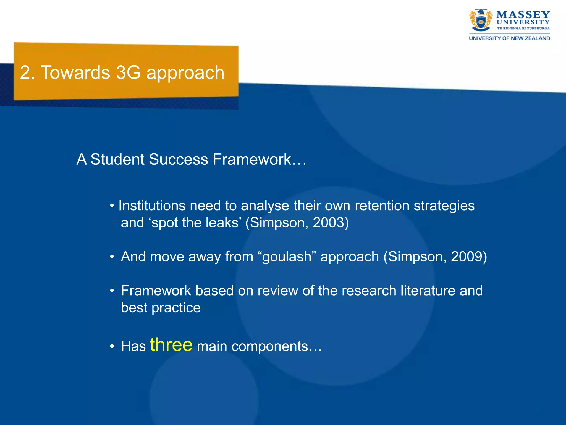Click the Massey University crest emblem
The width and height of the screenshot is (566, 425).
click(x=481, y=20)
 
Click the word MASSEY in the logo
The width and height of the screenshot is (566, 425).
click(x=523, y=14)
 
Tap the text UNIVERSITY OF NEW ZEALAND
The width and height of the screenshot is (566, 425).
click(x=509, y=38)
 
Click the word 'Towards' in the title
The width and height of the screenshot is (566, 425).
click(x=75, y=73)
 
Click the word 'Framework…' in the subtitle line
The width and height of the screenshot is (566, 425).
click(x=260, y=159)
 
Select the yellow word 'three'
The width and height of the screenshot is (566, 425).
click(x=171, y=345)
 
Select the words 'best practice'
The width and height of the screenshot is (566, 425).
click(x=161, y=308)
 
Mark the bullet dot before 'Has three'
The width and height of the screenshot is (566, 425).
click(x=112, y=346)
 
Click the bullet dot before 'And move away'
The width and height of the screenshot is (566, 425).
click(x=112, y=257)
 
